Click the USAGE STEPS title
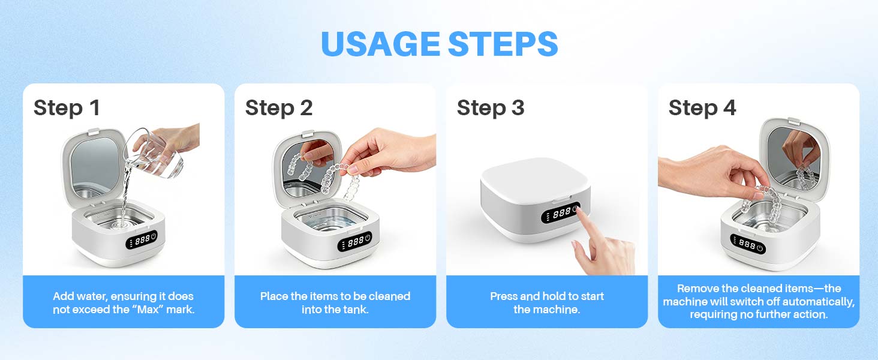(x=440, y=44)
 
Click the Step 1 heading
(x=67, y=108)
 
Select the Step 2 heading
(x=279, y=108)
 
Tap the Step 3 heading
(x=491, y=108)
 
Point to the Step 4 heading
(x=702, y=108)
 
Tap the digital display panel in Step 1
(x=142, y=239)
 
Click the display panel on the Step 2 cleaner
(x=354, y=242)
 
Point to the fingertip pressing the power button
(x=579, y=212)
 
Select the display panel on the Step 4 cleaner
(x=747, y=244)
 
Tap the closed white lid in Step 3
(x=535, y=177)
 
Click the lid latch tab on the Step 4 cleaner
(x=793, y=121)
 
